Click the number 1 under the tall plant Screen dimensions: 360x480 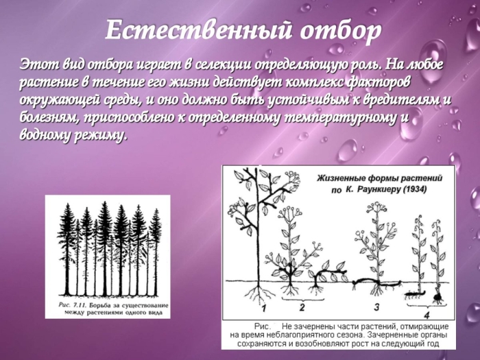254,296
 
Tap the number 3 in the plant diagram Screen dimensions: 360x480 376,306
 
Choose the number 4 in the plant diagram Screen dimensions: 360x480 427,315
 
